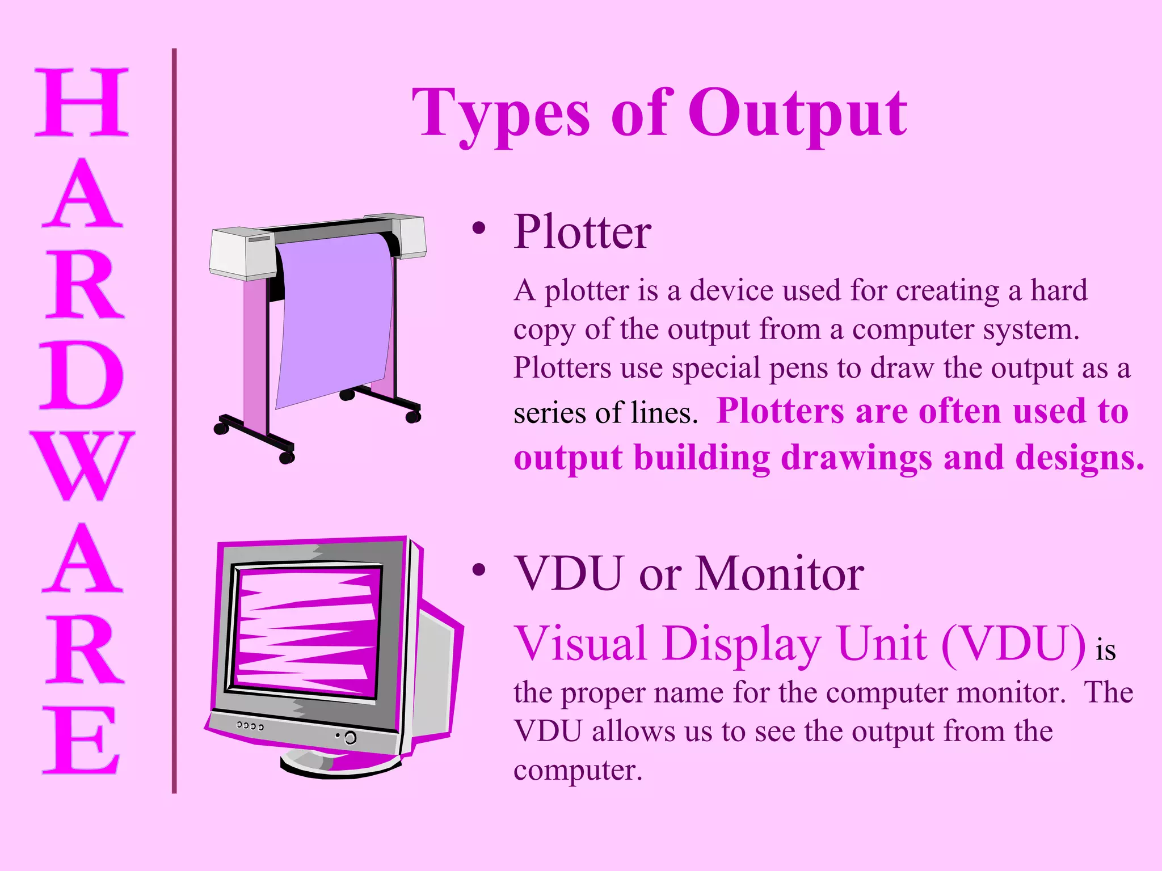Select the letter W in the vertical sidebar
tap(82, 466)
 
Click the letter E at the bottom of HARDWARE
tap(82, 739)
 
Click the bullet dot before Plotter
tap(479, 229)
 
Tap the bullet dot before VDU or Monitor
tap(479, 570)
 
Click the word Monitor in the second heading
tap(780, 574)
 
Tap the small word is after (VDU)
tap(1105, 650)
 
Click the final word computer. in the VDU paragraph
tap(578, 770)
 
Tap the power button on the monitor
tap(350, 738)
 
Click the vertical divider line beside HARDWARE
tap(174, 420)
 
